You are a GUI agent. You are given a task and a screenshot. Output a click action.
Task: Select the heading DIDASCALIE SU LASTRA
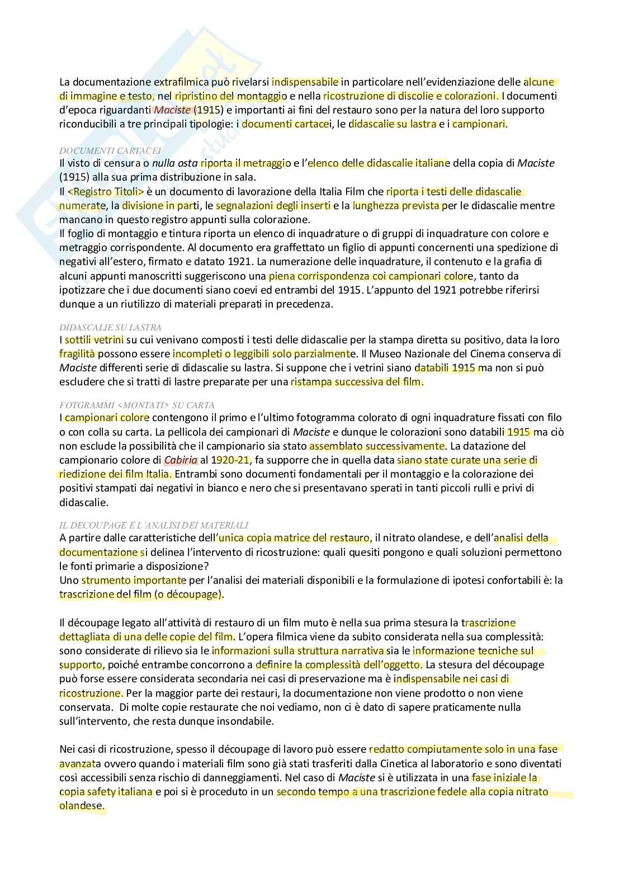tap(110, 327)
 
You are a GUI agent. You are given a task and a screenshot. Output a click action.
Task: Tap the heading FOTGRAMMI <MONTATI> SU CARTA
tap(137, 405)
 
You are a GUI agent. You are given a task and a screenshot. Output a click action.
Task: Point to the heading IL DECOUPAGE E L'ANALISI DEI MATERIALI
tap(154, 525)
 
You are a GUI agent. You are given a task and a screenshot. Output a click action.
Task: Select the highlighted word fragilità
tap(77, 354)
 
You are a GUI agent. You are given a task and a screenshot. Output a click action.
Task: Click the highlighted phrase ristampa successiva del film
tap(357, 383)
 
